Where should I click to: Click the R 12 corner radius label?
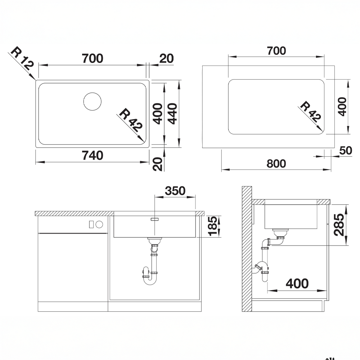point(22,58)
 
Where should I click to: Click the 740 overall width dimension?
point(93,156)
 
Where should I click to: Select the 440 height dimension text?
point(172,114)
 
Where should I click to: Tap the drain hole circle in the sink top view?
point(92,102)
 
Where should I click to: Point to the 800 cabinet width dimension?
point(276,164)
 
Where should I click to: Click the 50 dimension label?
point(346,150)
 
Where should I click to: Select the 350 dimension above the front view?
point(175,191)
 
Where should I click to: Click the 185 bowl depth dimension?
point(213,226)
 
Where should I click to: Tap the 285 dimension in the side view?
point(339,225)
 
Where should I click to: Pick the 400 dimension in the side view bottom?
point(297,284)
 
